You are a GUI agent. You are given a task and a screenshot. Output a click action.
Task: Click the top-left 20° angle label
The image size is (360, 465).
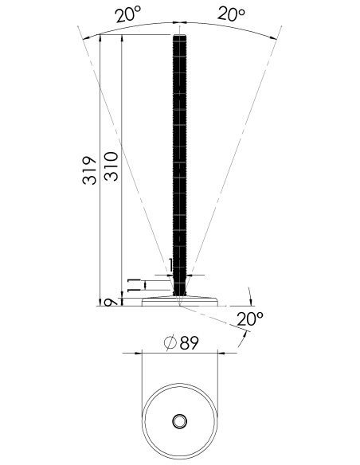(x=128, y=14)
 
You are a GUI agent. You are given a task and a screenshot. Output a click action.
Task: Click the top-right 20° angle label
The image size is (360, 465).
(x=232, y=14)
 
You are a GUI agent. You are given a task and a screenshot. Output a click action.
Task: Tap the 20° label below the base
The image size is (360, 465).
(x=250, y=318)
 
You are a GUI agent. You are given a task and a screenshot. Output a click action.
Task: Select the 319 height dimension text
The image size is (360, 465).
(x=89, y=170)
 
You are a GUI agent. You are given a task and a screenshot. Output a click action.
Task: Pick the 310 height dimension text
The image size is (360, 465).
(x=112, y=166)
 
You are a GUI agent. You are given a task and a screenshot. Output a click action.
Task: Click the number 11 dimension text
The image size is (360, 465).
(x=134, y=285)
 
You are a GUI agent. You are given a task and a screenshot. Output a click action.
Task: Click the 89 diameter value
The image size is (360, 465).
(x=190, y=343)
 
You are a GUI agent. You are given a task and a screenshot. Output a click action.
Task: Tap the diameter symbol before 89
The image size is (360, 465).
(x=170, y=343)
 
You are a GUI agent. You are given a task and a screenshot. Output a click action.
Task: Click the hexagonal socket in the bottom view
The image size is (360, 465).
(x=179, y=421)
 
